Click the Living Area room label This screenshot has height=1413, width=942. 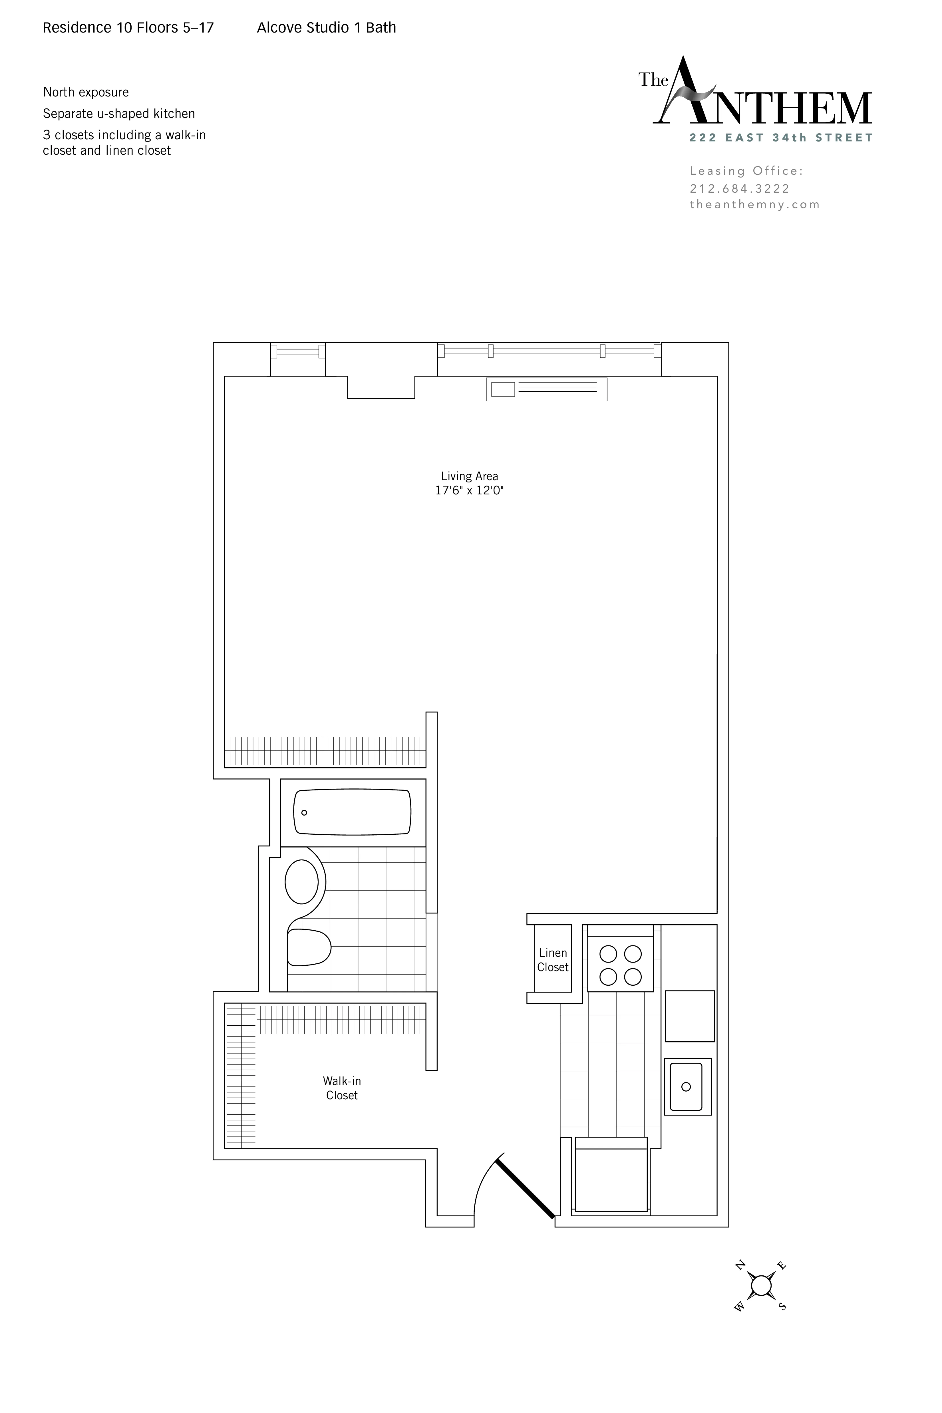tap(469, 476)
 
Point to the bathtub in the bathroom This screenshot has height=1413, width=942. tap(352, 812)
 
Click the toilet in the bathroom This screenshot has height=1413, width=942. tap(309, 947)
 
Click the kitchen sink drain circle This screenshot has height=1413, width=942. tap(686, 1087)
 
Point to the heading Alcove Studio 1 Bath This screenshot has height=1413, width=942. tap(326, 28)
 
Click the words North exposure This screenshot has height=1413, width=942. tap(86, 92)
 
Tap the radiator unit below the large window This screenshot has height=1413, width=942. tap(546, 389)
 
